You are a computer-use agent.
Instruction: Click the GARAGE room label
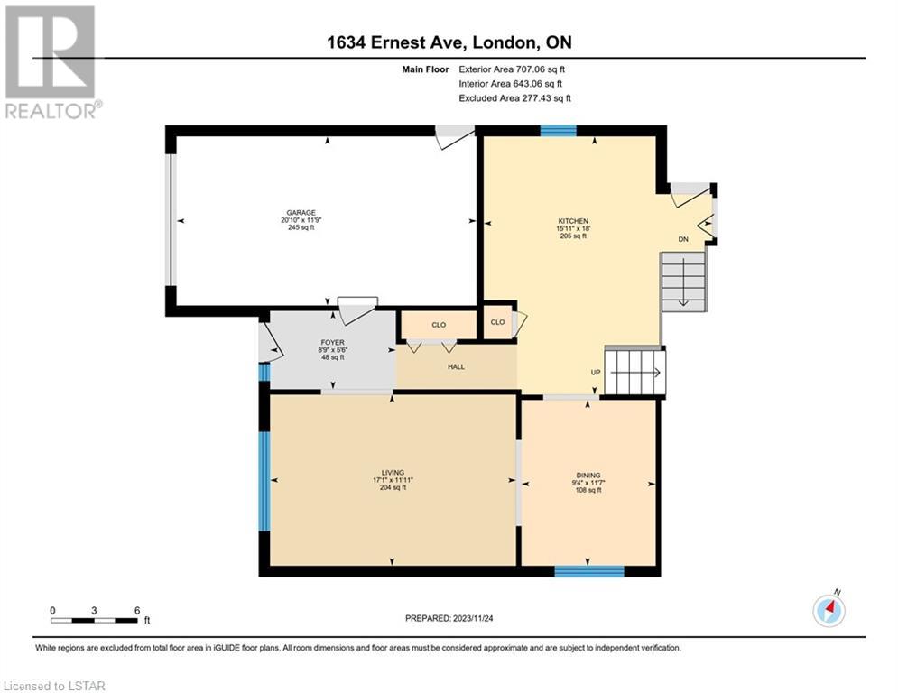point(301,212)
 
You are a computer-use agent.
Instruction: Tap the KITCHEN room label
point(573,221)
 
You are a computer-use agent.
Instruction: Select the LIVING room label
point(393,473)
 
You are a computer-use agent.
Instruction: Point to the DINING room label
point(588,476)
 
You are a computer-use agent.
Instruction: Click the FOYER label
point(333,343)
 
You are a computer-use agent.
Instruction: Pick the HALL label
point(457,366)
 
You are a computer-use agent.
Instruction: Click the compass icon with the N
point(829,609)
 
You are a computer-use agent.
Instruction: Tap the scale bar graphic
point(94,620)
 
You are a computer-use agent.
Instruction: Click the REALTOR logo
point(51,62)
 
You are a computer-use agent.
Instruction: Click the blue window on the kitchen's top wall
point(559,131)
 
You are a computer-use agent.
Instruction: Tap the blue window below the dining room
point(589,571)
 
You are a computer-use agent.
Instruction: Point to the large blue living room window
point(264,481)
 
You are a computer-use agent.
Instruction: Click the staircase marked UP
point(635,373)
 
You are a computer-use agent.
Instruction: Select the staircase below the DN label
point(683,282)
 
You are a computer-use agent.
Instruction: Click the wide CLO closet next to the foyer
point(439,325)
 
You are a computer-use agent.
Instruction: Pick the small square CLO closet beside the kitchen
point(497,322)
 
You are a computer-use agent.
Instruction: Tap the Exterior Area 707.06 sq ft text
point(512,69)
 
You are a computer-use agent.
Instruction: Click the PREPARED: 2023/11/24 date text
point(449,618)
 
